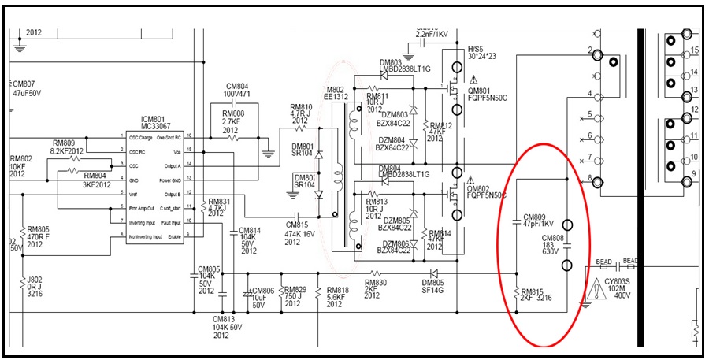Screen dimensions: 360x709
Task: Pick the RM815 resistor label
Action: pyautogui.click(x=535, y=295)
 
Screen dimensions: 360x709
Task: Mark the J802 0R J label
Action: pyautogui.click(x=35, y=285)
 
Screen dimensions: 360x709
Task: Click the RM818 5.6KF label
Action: pyautogui.click(x=336, y=296)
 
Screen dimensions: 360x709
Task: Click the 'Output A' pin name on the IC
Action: pyautogui.click(x=172, y=166)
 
